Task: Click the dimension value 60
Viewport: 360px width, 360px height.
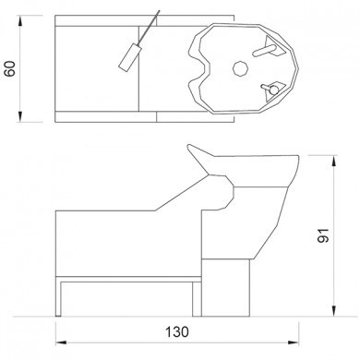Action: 10,68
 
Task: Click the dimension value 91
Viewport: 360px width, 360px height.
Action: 323,235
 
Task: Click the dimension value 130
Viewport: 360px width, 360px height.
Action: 177,332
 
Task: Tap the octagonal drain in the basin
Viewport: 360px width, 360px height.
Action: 240,68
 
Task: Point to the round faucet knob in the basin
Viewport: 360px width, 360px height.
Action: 273,90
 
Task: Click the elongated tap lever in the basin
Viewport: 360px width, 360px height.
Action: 264,51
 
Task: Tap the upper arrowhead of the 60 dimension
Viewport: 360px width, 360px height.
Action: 20,21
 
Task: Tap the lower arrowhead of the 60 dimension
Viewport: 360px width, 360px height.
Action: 20,116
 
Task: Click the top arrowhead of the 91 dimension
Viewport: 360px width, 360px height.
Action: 334,162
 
